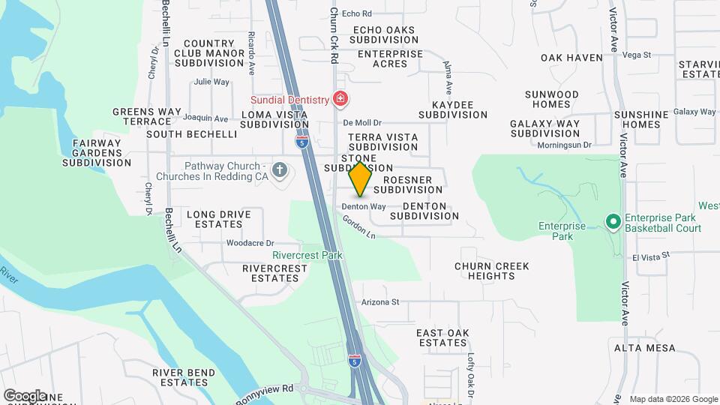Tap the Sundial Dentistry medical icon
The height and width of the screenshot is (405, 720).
click(x=340, y=99)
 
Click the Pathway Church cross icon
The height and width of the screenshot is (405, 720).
click(x=280, y=171)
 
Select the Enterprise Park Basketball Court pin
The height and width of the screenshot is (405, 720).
click(x=613, y=221)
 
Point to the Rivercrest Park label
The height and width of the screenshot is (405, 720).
click(x=307, y=255)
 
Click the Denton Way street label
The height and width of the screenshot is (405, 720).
click(x=364, y=206)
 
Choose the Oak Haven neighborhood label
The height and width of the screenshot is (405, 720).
click(x=571, y=58)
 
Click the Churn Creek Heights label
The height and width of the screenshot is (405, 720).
click(x=492, y=271)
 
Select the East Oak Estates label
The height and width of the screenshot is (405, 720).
click(x=442, y=337)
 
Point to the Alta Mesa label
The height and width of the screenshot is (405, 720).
click(x=644, y=349)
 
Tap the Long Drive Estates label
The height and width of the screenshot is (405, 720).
click(x=219, y=219)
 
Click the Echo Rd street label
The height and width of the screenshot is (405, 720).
click(x=357, y=13)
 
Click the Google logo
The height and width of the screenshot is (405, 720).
click(x=25, y=395)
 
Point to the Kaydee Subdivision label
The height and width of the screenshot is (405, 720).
click(x=453, y=109)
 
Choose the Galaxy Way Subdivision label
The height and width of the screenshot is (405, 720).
click(x=544, y=128)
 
